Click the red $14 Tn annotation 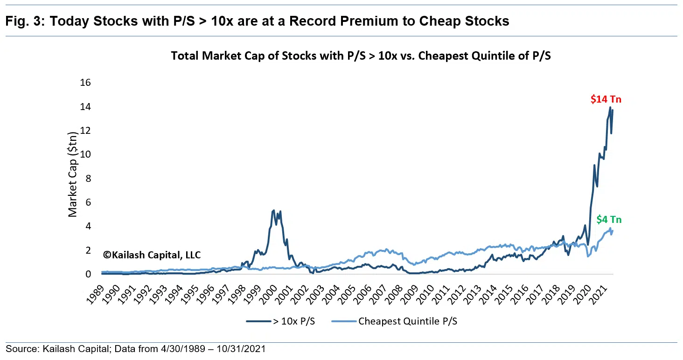pyautogui.click(x=606, y=99)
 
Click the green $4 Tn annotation pyautogui.click(x=608, y=220)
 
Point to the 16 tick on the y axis pyautogui.click(x=85, y=83)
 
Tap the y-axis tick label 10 pyautogui.click(x=85, y=155)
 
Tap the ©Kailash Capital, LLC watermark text pyautogui.click(x=152, y=255)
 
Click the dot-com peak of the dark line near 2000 pyautogui.click(x=273, y=211)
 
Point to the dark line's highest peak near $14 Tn pyautogui.click(x=610, y=108)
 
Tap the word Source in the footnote pyautogui.click(x=19, y=349)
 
